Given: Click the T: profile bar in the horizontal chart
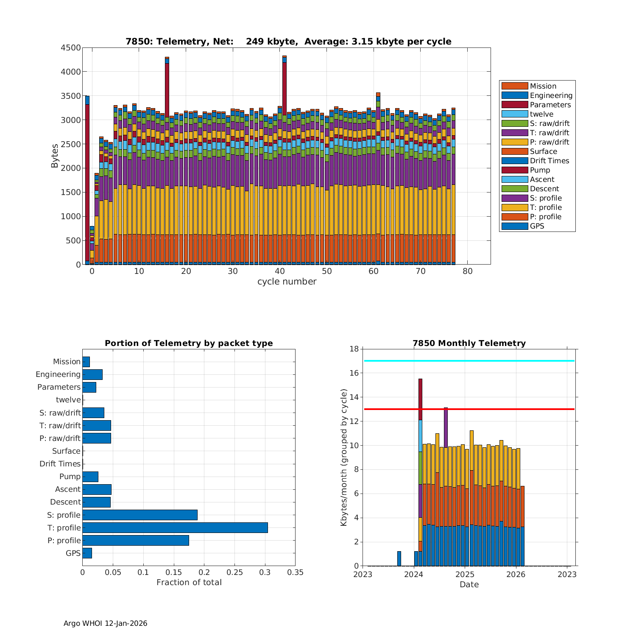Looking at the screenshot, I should (175, 527).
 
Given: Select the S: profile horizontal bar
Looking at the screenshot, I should (140, 515).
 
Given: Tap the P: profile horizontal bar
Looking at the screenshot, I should (136, 540).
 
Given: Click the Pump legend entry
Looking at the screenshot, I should (540, 170).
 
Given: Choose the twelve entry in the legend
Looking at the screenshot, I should (541, 114).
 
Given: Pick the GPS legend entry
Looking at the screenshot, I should (537, 226).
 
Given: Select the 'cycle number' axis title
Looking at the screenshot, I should (287, 282).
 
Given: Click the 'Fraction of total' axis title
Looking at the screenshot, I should (189, 582).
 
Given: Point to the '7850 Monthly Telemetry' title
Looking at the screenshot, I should (469, 343).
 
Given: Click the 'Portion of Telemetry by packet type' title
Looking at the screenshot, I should (189, 343).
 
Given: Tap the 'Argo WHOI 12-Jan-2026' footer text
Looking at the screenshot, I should (105, 623).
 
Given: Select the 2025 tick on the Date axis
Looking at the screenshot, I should (465, 574).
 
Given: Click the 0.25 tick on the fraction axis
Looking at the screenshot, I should (234, 572).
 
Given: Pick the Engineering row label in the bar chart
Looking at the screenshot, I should (58, 374).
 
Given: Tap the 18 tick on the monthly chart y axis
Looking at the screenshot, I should (354, 349).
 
